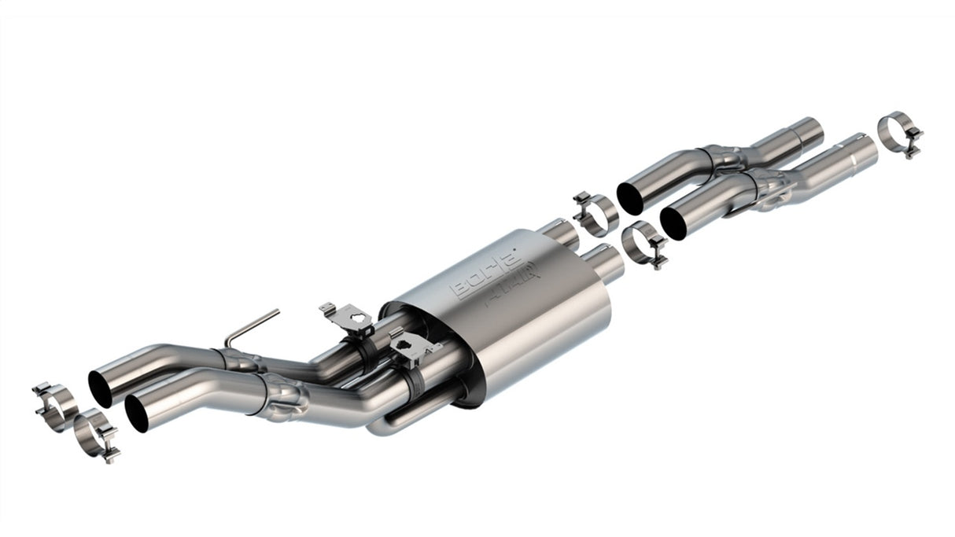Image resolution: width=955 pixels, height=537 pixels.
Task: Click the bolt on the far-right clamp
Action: coord(914,146)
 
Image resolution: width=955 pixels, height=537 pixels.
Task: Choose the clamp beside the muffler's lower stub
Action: coord(644,243)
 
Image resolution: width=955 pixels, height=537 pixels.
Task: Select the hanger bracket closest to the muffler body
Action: coord(410,346)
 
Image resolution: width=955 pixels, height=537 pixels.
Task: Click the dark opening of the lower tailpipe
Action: coord(137,414)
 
